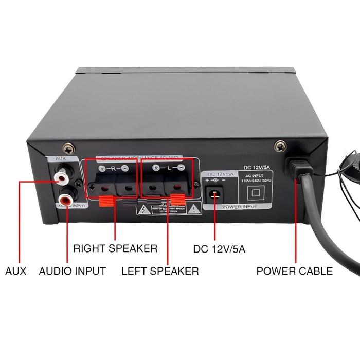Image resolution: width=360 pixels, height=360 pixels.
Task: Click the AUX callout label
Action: coord(15,271)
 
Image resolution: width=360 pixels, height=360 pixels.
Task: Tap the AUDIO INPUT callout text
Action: coord(73,271)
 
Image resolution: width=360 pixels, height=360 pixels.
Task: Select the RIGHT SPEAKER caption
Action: coord(115,248)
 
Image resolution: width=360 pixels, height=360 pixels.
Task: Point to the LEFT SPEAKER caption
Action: coord(160,271)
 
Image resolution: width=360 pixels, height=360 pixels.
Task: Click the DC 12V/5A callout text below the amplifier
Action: coord(219,249)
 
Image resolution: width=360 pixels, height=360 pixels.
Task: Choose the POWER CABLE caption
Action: coord(295,271)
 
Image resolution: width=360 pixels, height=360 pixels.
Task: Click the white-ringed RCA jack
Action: coord(62,178)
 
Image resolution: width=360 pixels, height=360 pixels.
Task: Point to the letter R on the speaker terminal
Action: coord(113,168)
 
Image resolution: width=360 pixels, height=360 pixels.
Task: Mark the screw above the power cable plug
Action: coord(280,146)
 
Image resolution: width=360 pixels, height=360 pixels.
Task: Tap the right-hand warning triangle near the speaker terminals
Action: coord(193,209)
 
